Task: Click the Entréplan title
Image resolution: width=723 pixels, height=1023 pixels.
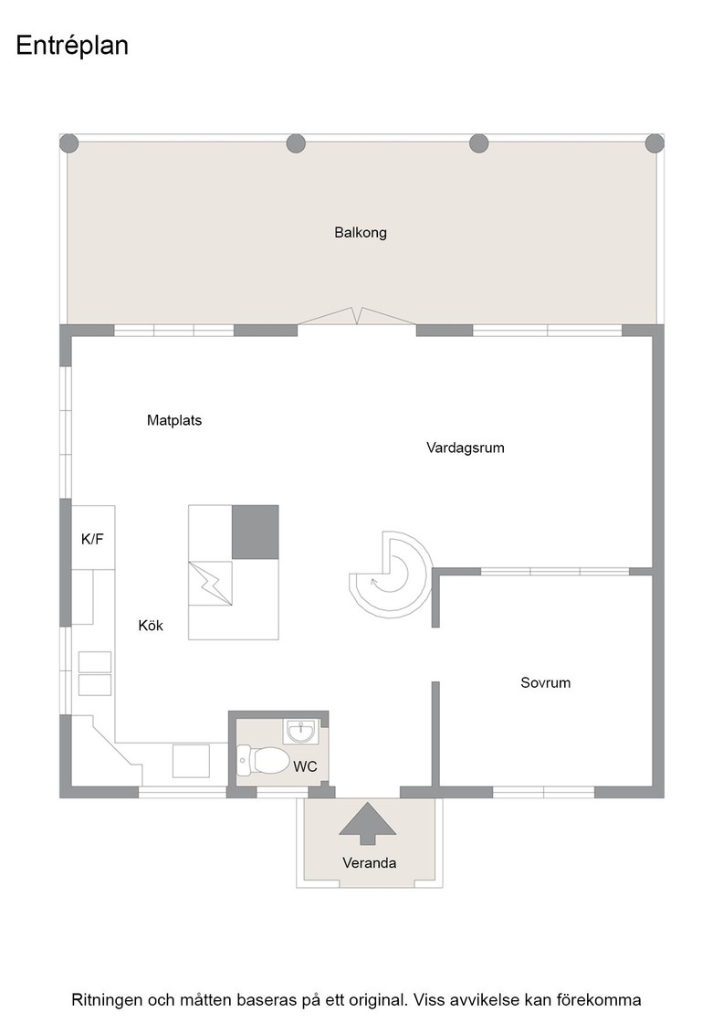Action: tap(72, 47)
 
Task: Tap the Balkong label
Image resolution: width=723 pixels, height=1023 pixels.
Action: tap(361, 232)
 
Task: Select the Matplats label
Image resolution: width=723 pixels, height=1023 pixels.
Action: tap(174, 420)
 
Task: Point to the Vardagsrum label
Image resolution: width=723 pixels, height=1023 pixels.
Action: tap(466, 448)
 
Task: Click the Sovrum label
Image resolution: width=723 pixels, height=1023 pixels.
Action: tap(546, 682)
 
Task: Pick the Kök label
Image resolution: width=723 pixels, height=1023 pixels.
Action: tap(151, 625)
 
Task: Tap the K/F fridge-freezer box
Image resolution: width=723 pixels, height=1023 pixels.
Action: tap(92, 537)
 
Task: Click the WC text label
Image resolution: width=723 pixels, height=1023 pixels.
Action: tap(305, 766)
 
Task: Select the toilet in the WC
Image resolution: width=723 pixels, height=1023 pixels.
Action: tap(263, 760)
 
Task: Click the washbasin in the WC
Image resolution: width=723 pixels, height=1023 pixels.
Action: tap(300, 732)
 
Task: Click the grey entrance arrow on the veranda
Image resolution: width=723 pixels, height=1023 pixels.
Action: tap(368, 823)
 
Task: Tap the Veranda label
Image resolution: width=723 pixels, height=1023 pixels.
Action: tap(370, 862)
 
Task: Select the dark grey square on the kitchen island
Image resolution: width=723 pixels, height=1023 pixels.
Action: tap(256, 532)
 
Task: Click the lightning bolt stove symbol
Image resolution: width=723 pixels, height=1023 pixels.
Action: tap(211, 583)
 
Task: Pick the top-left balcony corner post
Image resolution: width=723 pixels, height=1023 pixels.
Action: tap(69, 143)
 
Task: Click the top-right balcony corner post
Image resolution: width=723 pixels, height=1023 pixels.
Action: tap(655, 143)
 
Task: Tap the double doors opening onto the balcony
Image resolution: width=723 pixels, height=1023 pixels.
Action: tap(357, 316)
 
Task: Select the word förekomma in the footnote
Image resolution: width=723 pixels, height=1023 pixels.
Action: tap(603, 999)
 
